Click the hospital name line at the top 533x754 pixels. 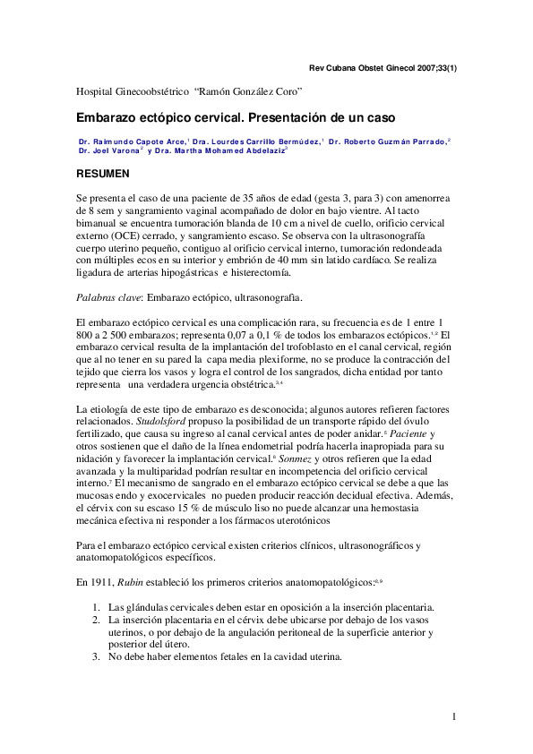(x=188, y=92)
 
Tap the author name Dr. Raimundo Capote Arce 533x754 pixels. (x=132, y=141)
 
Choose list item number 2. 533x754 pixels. (x=98, y=620)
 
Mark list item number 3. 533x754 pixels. (x=98, y=657)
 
